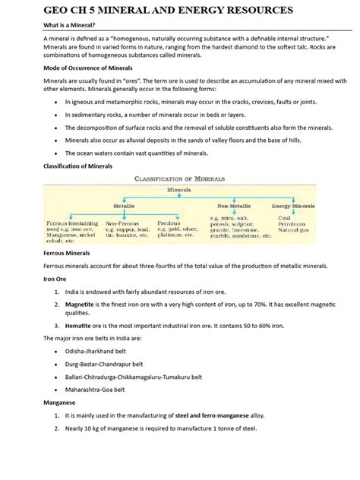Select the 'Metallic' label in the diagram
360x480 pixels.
(125, 206)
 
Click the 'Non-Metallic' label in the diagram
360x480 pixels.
(233, 206)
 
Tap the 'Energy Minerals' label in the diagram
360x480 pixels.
(293, 206)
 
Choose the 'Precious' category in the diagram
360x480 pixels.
(169, 224)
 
